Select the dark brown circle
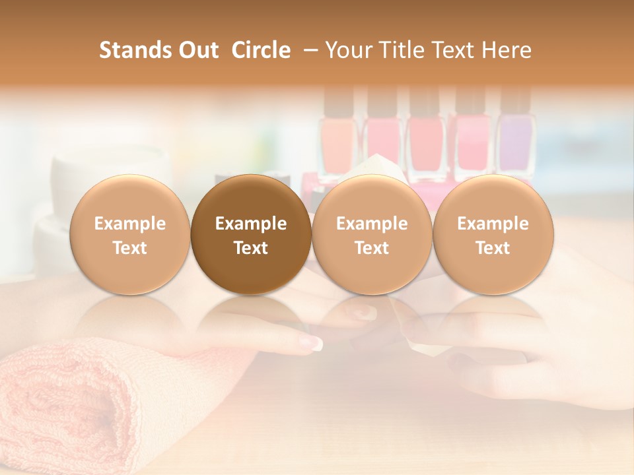point(251,235)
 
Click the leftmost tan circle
point(129,235)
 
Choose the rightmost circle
point(493,235)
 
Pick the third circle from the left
point(372,235)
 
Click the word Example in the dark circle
point(251,224)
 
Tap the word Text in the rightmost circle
point(493,248)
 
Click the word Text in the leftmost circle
point(129,248)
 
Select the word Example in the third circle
point(372,224)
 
